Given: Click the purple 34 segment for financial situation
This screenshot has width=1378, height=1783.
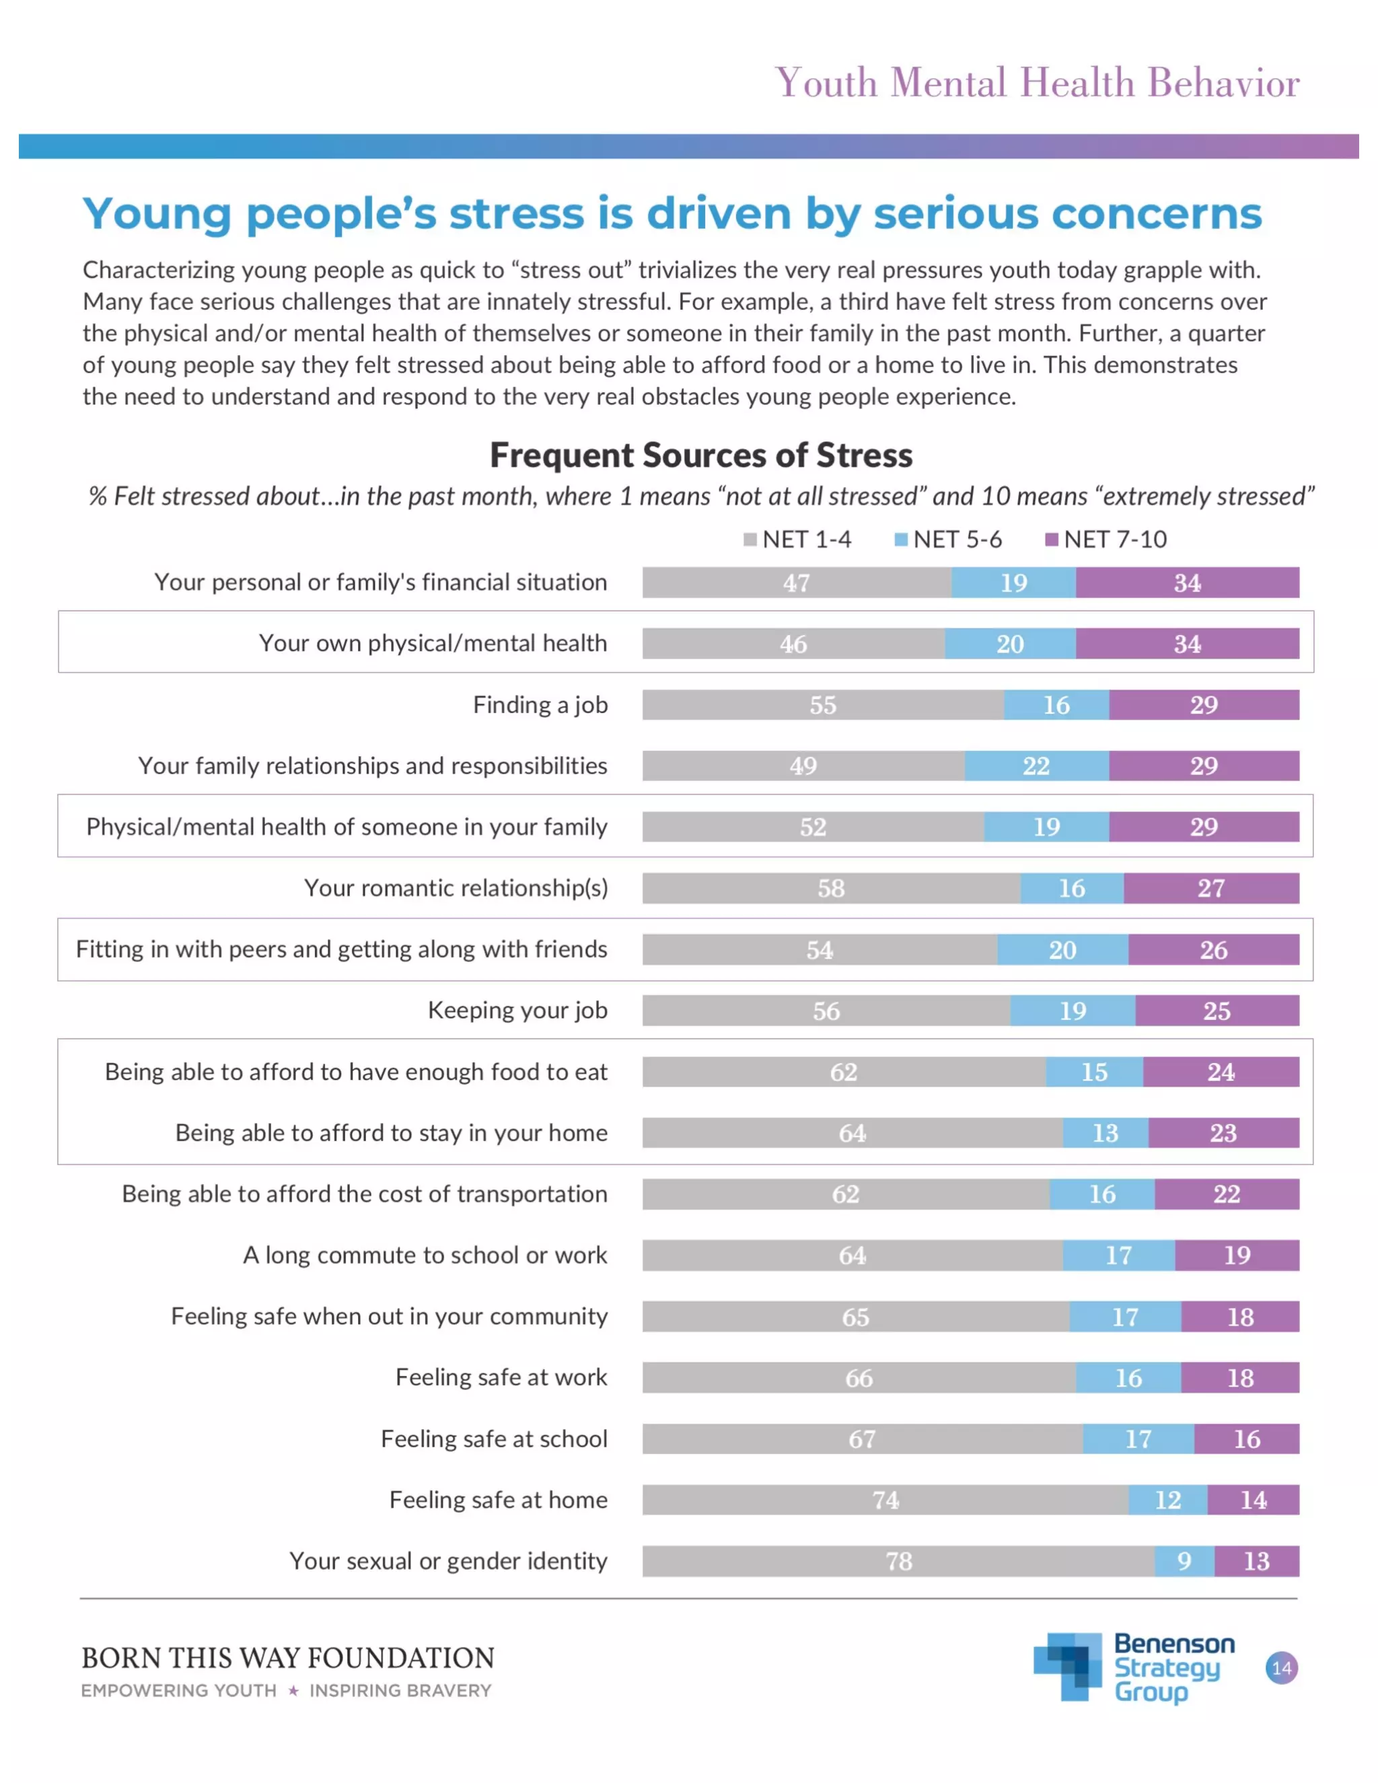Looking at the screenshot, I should [x=1187, y=583].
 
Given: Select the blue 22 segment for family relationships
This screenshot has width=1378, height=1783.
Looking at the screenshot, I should [x=1036, y=766].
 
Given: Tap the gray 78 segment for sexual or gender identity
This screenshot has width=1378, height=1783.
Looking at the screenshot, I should [x=898, y=1561].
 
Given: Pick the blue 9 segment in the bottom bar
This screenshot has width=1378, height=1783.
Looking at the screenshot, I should [x=1184, y=1561].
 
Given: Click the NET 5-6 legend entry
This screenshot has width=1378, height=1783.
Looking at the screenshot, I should [x=949, y=540].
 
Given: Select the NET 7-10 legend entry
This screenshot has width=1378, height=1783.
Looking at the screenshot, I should [x=1106, y=540].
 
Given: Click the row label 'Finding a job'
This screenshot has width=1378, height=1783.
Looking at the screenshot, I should [x=540, y=704].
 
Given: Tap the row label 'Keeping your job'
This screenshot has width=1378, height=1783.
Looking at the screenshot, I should [x=517, y=1011].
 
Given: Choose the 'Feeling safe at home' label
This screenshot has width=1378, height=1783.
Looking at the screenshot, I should [x=498, y=1500].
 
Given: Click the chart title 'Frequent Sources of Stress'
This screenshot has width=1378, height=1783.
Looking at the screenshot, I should [x=700, y=455].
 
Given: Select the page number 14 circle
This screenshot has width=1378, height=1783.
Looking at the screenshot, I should [x=1281, y=1667].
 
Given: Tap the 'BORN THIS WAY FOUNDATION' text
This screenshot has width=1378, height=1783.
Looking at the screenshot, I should [x=287, y=1658].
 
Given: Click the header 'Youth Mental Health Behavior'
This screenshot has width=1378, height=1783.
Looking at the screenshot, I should [x=1037, y=83].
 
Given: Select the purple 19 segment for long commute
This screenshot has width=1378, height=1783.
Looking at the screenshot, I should [x=1237, y=1255].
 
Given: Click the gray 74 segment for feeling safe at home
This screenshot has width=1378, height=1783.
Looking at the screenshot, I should [x=885, y=1500].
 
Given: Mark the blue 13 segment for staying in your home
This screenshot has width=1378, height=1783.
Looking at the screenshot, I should [x=1105, y=1133].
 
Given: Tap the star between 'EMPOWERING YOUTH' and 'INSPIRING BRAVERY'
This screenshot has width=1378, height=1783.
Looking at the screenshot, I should [x=293, y=1691].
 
